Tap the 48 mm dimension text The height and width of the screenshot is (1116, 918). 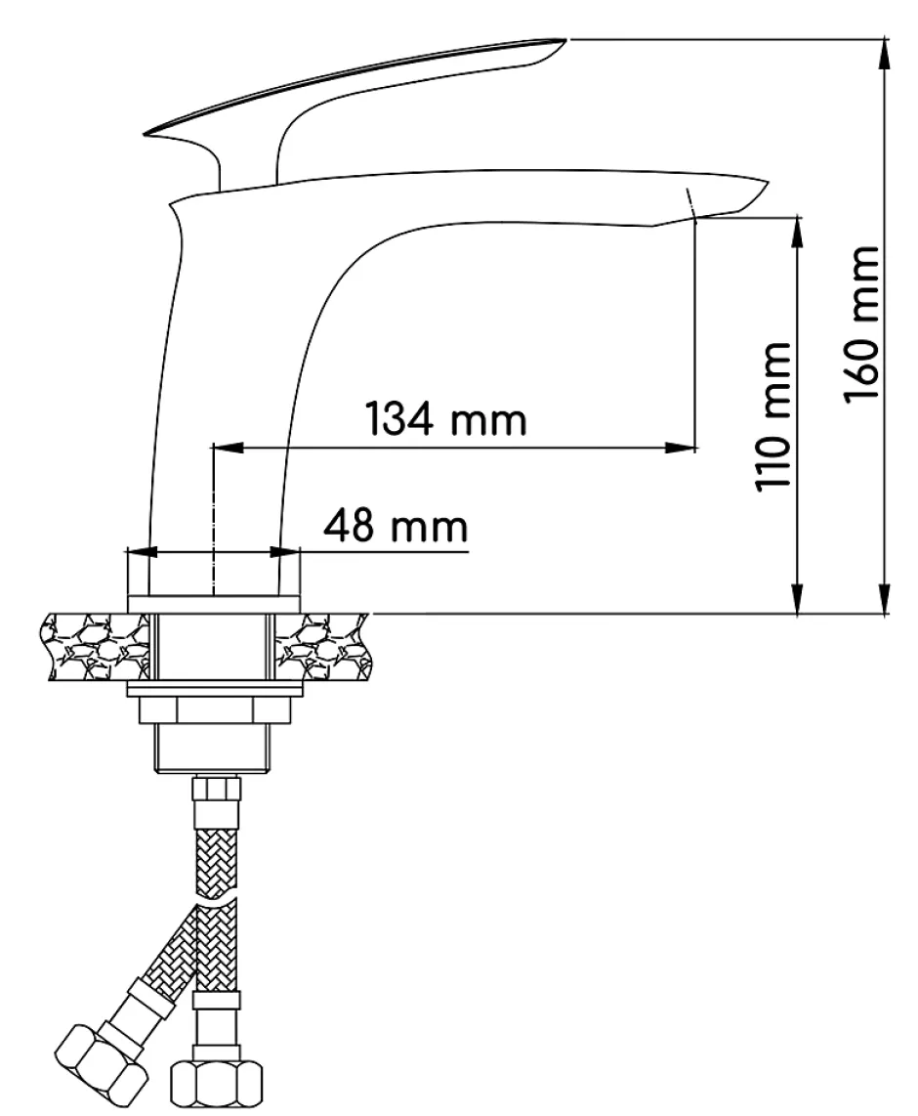[x=396, y=526]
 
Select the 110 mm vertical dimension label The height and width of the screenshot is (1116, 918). [x=772, y=416]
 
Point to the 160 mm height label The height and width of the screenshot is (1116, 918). [x=861, y=323]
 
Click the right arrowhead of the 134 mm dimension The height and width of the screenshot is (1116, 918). [x=679, y=447]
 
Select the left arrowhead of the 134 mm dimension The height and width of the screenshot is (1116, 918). [x=229, y=447]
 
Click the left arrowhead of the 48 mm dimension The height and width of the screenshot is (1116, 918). [x=141, y=551]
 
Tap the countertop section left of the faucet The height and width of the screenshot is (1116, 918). [x=97, y=647]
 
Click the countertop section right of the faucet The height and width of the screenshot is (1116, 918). [x=323, y=647]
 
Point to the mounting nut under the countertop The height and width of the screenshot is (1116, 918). [x=215, y=709]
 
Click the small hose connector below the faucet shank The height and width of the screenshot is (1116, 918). [x=216, y=790]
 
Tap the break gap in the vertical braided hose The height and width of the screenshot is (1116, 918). [x=216, y=898]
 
